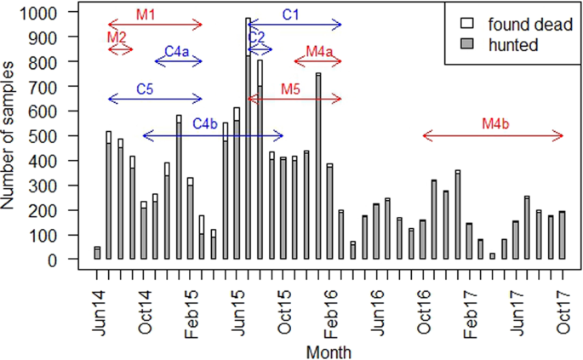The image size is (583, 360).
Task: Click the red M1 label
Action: [146, 15]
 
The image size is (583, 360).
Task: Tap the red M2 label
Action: [117, 37]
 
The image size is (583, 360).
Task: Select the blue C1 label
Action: [290, 14]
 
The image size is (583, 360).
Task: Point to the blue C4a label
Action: [177, 52]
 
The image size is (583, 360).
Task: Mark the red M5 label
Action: [290, 89]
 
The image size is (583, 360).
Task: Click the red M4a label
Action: [318, 52]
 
